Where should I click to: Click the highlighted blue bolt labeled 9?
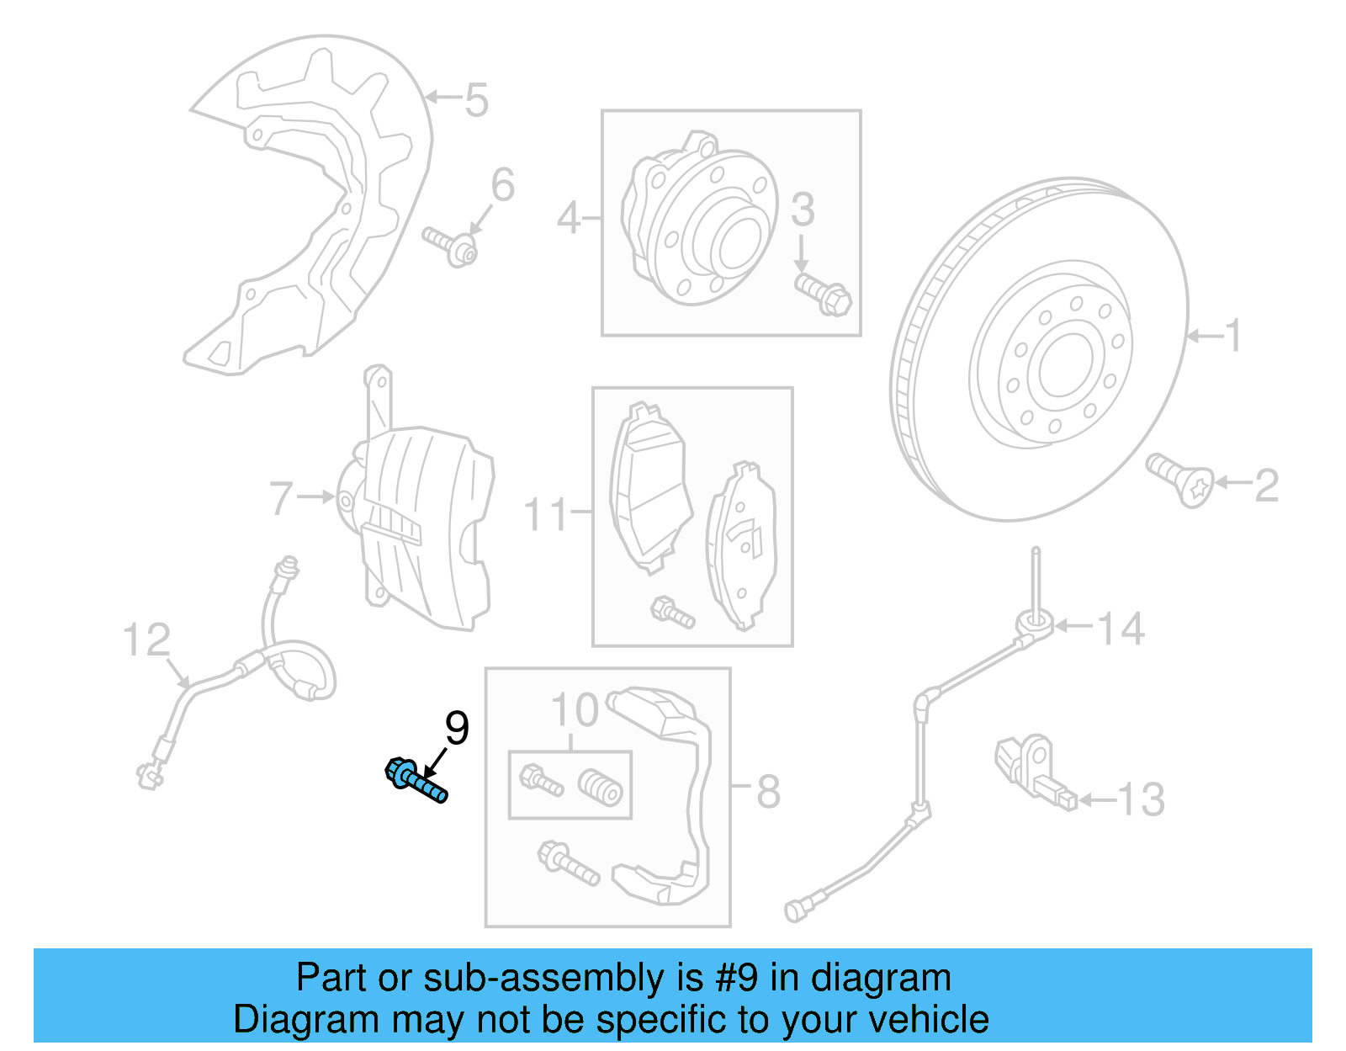tap(416, 781)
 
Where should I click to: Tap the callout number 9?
tap(457, 728)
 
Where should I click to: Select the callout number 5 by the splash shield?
tap(476, 100)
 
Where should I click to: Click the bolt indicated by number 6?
tap(450, 246)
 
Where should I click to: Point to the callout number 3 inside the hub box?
tap(803, 210)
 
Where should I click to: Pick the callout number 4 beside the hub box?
tap(569, 219)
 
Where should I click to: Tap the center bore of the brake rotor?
tap(1064, 366)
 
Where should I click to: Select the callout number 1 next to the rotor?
tap(1232, 336)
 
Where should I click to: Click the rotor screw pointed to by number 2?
tap(1181, 480)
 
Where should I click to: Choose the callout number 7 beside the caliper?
tap(281, 498)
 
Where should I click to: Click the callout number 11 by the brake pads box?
tap(546, 514)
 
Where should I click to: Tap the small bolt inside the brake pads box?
tap(672, 612)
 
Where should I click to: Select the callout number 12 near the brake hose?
tap(146, 640)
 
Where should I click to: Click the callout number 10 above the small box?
tap(575, 711)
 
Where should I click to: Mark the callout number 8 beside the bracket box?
tap(768, 792)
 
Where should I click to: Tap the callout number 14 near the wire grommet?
tap(1121, 629)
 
